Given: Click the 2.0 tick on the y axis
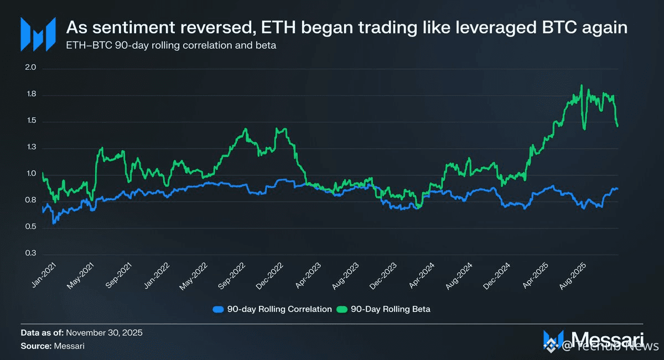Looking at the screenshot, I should point(30,69).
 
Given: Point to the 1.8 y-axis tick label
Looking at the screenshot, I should point(30,95).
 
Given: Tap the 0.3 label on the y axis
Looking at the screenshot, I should point(30,253).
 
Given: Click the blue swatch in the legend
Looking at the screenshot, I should point(219,309).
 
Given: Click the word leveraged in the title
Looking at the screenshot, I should point(479,28).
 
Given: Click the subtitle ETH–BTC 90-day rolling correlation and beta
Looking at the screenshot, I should point(171,45).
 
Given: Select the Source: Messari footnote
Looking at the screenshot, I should point(53,346).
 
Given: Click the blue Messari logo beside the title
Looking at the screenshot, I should point(38,34).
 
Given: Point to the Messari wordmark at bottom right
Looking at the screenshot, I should point(606,338).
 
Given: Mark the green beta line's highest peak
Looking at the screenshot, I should point(582,85).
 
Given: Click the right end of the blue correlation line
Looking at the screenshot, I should point(618,189).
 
